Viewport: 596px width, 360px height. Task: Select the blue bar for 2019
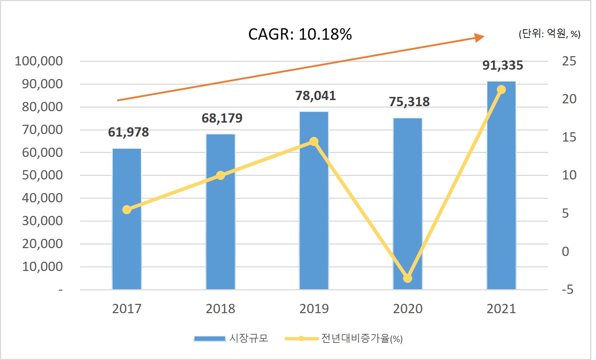[314, 214]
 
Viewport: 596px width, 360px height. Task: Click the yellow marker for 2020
[408, 278]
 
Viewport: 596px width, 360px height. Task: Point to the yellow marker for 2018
[221, 176]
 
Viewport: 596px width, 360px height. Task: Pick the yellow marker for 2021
[502, 90]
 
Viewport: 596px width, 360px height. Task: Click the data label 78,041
[316, 96]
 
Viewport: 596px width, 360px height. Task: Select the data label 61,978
[128, 132]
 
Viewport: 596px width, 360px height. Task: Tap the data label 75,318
[409, 102]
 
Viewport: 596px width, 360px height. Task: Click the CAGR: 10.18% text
[300, 34]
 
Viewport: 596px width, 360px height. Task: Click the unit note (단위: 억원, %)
[549, 34]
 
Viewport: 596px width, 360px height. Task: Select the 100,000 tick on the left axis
[39, 61]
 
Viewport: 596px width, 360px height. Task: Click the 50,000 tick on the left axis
[42, 175]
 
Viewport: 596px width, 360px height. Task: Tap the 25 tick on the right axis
[569, 61]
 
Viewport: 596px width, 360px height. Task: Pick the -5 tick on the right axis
[567, 290]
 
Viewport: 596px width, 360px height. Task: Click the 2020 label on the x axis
[408, 309]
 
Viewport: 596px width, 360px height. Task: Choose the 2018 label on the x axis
[220, 309]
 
